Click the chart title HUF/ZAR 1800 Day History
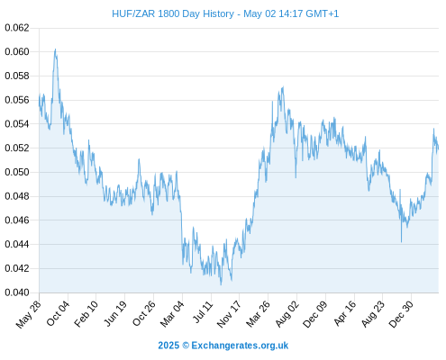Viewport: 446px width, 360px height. click(173, 13)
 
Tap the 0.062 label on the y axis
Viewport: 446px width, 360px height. click(17, 28)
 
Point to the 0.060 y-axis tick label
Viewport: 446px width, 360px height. click(17, 52)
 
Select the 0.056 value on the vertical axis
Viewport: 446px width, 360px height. click(17, 100)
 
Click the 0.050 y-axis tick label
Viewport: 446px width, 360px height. click(17, 172)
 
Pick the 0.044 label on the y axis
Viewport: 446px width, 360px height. click(17, 244)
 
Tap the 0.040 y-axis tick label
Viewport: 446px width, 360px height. click(17, 292)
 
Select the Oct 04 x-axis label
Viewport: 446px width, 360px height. click(58, 314)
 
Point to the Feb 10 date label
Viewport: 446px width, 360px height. click(86, 314)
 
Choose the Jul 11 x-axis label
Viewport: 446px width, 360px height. click(203, 312)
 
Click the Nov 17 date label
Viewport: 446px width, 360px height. click(229, 314)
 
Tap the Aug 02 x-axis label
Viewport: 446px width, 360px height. click(287, 314)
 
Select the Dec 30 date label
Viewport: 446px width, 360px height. click(401, 314)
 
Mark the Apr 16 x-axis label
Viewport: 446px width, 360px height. click(345, 313)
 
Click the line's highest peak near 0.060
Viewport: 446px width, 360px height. click(55, 49)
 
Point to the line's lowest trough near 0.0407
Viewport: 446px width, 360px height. click(221, 284)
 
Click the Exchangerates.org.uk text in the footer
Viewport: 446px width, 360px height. click(240, 346)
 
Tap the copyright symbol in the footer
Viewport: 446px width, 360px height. click(186, 346)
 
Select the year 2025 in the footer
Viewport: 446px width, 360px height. click(168, 346)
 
